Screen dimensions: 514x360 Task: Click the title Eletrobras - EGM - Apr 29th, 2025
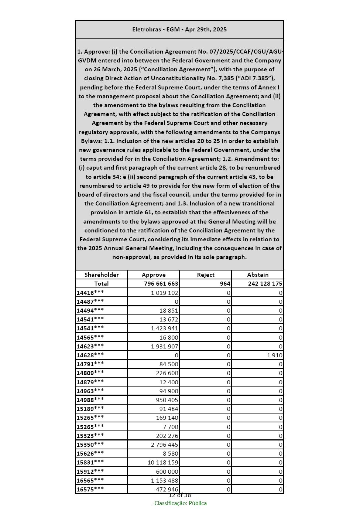[x=179, y=30]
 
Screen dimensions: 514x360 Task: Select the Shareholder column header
[x=102, y=275]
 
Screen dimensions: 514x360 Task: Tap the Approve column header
[x=154, y=275]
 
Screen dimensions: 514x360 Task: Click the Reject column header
[x=206, y=275]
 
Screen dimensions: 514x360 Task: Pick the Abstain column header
[x=258, y=275]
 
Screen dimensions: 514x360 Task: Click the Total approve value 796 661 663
[x=161, y=284]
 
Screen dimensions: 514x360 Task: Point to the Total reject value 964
[x=225, y=284]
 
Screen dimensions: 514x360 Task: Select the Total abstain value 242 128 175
[x=260, y=284]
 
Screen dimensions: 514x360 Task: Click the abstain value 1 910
[x=275, y=355]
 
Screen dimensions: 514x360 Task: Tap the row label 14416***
[x=90, y=293]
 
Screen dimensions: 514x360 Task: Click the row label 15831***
[x=90, y=462]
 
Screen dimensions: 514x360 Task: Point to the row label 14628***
[x=90, y=355]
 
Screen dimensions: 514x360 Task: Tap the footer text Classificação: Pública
[x=180, y=503]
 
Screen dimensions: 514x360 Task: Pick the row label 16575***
[x=90, y=489]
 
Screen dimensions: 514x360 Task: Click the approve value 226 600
[x=167, y=373]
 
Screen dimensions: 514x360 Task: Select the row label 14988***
[x=90, y=400]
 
